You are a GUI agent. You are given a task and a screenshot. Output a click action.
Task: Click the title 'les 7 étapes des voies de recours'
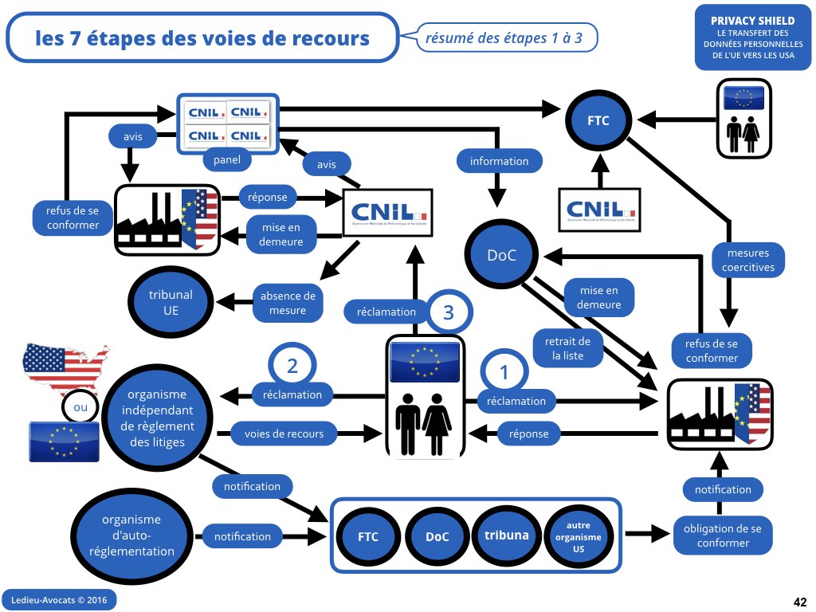202,38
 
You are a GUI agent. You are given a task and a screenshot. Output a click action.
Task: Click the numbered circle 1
503,372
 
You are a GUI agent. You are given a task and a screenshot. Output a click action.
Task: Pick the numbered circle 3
448,312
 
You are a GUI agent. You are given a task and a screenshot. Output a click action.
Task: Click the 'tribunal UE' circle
171,303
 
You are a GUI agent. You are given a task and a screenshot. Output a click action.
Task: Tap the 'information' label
499,161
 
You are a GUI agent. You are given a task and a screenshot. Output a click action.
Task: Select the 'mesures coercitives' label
747,261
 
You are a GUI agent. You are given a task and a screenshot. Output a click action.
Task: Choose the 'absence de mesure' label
288,303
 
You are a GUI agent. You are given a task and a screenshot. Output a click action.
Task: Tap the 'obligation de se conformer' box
723,535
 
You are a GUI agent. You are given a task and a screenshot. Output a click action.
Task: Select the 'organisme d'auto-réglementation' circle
131,535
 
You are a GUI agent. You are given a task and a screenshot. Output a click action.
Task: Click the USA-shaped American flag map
64,368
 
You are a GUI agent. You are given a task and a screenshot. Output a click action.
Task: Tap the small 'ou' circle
80,408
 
